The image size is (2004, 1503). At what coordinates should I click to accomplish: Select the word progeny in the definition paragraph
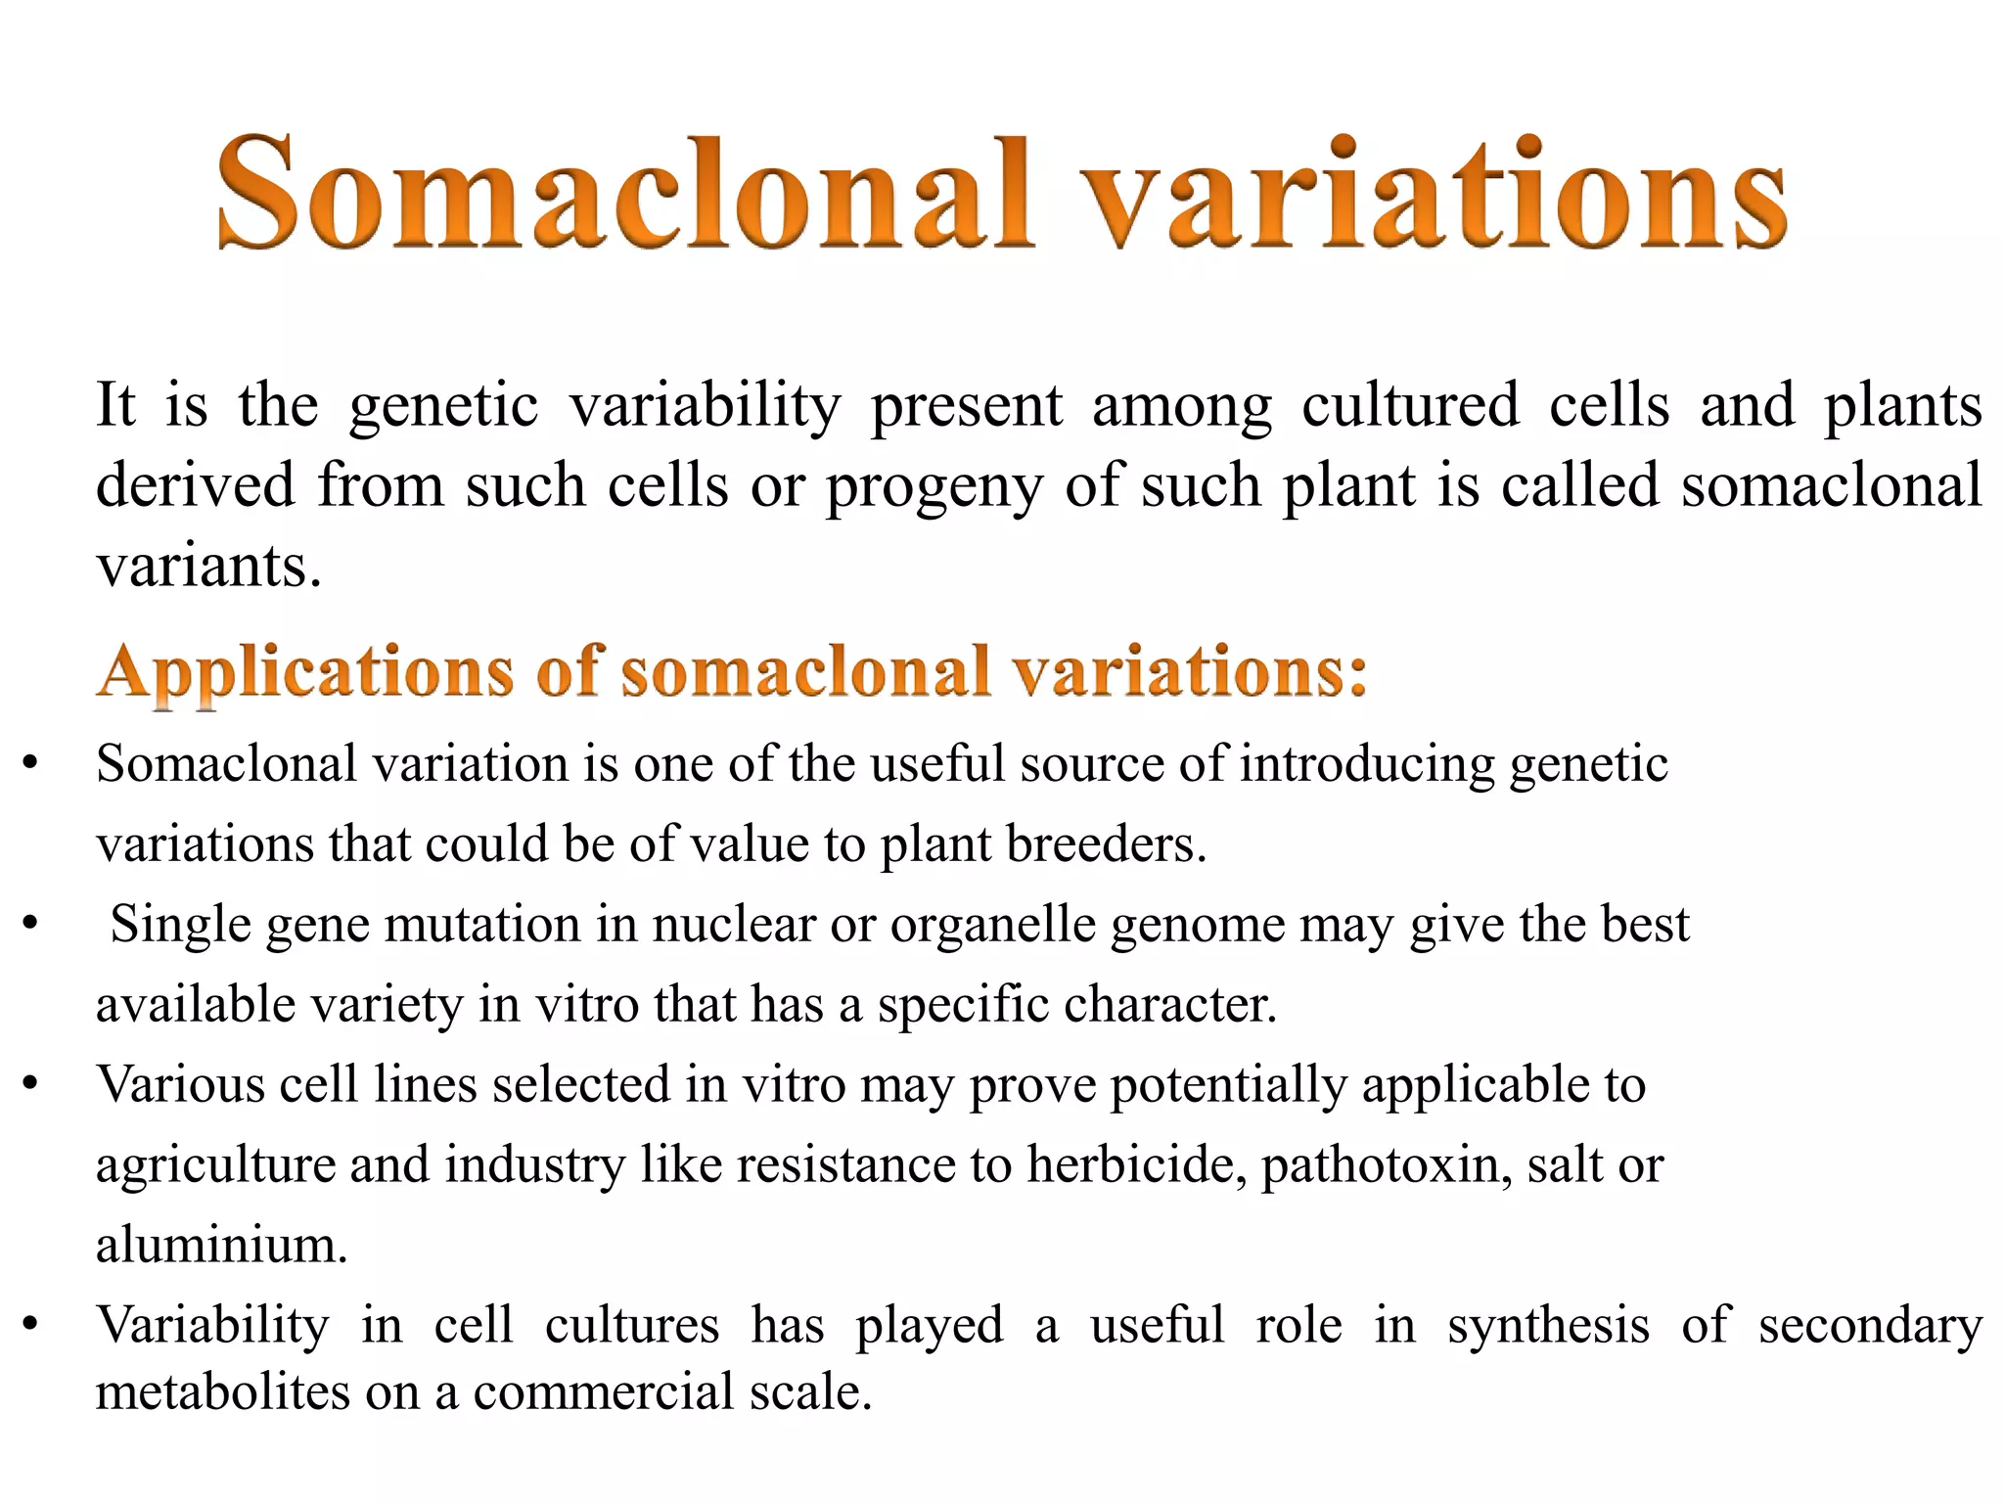point(934,487)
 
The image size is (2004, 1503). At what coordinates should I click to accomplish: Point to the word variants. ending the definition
point(208,567)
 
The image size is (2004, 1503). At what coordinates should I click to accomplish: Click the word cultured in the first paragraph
point(1410,405)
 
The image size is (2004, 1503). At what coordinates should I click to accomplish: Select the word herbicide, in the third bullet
point(1137,1164)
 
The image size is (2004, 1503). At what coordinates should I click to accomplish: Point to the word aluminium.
point(221,1245)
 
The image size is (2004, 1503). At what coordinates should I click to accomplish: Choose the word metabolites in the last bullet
point(222,1390)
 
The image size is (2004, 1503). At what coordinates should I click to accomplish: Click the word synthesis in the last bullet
point(1548,1325)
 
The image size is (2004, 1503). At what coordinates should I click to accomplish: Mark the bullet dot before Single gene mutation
point(30,924)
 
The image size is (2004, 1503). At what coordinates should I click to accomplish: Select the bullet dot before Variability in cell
point(30,1325)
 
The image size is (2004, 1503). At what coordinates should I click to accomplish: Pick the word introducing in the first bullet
point(1367,764)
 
